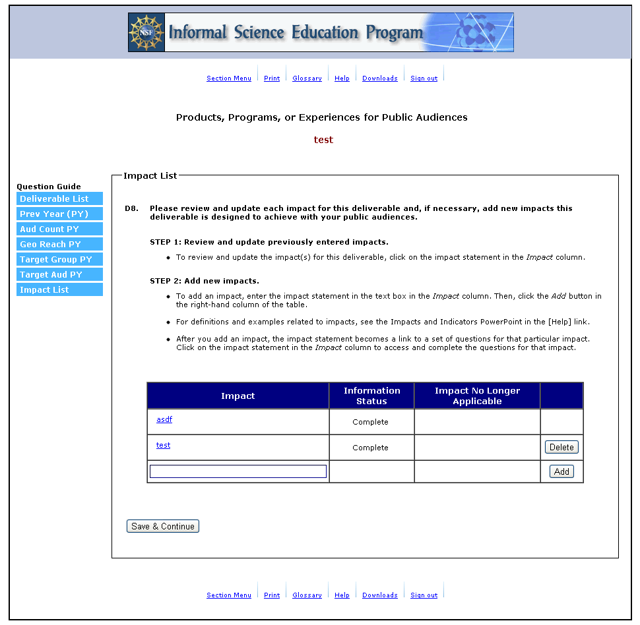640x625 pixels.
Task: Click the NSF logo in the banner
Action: [x=146, y=32]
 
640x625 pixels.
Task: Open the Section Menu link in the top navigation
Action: [x=228, y=78]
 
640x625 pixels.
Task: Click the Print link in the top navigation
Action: [x=272, y=78]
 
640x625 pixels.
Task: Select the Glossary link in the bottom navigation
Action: [x=307, y=595]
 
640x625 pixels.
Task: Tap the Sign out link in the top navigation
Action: [x=424, y=78]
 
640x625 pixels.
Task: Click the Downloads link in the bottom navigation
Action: [x=379, y=595]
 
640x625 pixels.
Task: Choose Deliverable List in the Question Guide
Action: [x=59, y=199]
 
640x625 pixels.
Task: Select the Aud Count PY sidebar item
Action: [x=59, y=229]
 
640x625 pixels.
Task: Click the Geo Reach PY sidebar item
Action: [x=59, y=245]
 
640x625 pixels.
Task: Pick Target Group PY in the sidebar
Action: [x=59, y=260]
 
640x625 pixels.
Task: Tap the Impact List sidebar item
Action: [x=59, y=290]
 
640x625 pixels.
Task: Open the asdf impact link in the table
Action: [x=164, y=420]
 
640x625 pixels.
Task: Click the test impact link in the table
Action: [x=163, y=446]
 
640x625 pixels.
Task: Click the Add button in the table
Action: [x=561, y=472]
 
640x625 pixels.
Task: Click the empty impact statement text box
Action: [x=238, y=471]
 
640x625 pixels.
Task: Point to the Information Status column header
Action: [x=371, y=396]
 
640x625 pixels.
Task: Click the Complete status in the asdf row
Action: [x=370, y=422]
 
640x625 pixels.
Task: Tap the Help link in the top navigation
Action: [x=342, y=78]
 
